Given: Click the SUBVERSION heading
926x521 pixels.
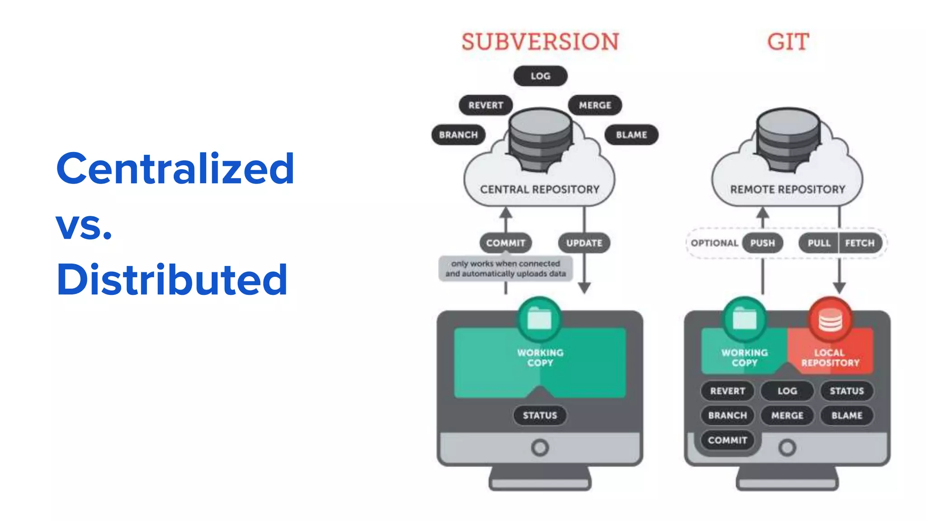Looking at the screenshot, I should click(x=540, y=42).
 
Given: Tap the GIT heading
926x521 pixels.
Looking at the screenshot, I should click(x=788, y=42).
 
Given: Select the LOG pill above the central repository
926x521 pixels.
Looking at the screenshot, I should click(x=540, y=76).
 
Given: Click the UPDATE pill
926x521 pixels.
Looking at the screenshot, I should click(x=584, y=243).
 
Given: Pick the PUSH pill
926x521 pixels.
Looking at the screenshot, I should click(x=762, y=243).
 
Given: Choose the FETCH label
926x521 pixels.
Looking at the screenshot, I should click(x=860, y=243).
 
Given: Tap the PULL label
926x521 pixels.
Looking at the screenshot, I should click(x=819, y=243).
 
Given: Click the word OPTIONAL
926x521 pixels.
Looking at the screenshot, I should click(x=714, y=243).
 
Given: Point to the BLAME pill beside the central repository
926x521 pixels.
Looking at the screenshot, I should click(x=631, y=135).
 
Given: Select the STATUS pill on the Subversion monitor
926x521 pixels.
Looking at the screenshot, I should click(x=540, y=415).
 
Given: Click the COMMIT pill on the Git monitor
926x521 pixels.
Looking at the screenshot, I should click(x=728, y=440).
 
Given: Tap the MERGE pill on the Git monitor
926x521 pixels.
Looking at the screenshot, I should click(x=787, y=415).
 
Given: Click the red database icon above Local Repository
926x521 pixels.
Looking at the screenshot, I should click(x=830, y=320).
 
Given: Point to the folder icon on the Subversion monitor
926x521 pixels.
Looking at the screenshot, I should click(x=539, y=319).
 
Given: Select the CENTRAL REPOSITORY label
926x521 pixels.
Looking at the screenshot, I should click(x=539, y=189).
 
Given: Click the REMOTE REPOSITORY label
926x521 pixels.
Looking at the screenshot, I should click(x=788, y=189).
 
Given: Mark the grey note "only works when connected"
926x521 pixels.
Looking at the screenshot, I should click(x=506, y=269).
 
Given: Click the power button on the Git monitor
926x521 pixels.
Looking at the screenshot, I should click(x=787, y=448).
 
